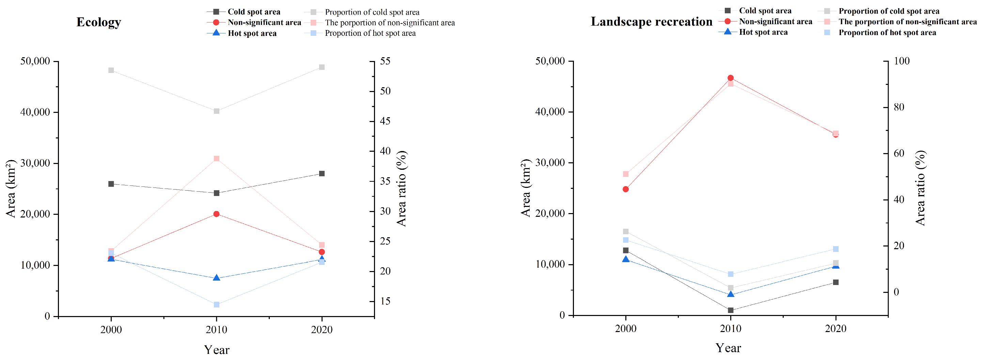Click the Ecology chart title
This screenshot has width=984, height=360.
(x=98, y=22)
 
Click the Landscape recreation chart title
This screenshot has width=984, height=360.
(x=651, y=22)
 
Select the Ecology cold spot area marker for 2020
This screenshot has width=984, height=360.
(x=322, y=174)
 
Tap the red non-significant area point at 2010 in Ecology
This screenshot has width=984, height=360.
(x=216, y=214)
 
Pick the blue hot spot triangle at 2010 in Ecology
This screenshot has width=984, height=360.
(x=216, y=278)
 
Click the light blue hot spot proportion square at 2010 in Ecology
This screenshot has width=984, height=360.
(x=216, y=304)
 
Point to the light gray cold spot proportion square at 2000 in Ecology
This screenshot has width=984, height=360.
(x=111, y=70)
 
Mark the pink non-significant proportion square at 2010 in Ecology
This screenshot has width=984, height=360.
(x=216, y=159)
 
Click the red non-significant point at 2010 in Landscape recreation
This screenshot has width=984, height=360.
(x=730, y=78)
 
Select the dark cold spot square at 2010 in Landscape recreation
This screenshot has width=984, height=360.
(x=730, y=310)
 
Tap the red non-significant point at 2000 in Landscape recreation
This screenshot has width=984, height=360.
(x=626, y=189)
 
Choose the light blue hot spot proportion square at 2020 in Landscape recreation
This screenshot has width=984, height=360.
(x=836, y=249)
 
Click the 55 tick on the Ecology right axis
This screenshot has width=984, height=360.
(x=385, y=61)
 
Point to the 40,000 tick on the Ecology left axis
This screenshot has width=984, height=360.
(x=35, y=112)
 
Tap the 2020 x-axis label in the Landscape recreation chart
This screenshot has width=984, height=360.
(x=836, y=329)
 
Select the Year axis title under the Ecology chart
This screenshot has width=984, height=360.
(x=216, y=350)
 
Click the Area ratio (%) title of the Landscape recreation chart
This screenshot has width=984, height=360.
(x=920, y=188)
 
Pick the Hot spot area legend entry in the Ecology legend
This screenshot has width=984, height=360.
(x=252, y=33)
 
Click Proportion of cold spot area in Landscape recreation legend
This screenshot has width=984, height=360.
(x=889, y=11)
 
